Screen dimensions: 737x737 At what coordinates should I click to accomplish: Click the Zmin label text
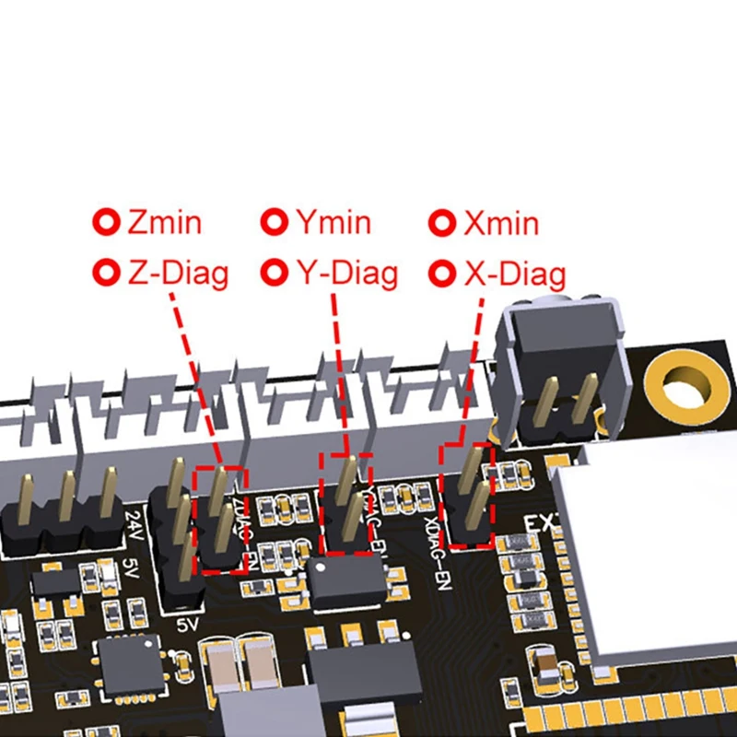click(x=165, y=222)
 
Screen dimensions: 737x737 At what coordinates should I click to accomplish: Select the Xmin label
click(x=501, y=223)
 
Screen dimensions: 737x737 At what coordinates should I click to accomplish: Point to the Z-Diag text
click(x=178, y=273)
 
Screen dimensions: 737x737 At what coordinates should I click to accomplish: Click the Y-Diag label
click(x=346, y=273)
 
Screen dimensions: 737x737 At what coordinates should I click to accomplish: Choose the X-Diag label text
click(x=514, y=274)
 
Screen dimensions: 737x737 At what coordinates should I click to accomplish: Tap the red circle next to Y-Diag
click(x=275, y=273)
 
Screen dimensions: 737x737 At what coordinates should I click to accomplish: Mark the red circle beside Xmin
click(x=444, y=223)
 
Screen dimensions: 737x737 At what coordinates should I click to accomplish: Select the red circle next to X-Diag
click(x=444, y=274)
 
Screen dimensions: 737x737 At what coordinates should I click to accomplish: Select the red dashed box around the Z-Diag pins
click(x=222, y=520)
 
